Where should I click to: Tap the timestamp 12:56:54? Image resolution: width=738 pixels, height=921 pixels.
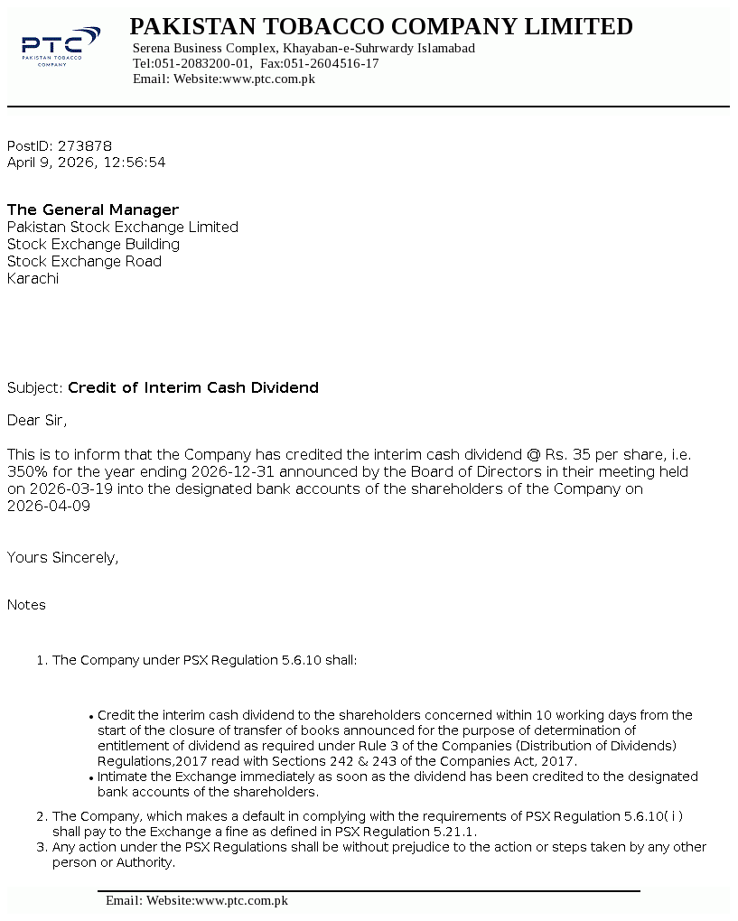click(135, 163)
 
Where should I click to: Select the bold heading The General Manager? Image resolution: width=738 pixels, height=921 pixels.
click(93, 209)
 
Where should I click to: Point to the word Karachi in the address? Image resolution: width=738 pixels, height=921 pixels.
click(33, 278)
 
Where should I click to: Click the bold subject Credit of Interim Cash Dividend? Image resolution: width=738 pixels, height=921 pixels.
click(193, 387)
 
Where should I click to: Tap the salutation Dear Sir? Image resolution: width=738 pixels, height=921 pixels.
click(36, 420)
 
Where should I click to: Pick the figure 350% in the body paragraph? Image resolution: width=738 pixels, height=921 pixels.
click(26, 471)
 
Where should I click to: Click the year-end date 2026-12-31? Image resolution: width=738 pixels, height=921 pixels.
click(216, 471)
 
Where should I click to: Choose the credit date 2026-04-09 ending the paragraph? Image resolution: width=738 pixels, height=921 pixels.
click(48, 506)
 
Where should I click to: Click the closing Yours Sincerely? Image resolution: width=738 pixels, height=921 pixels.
click(62, 557)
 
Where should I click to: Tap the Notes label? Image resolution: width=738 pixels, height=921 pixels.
click(26, 604)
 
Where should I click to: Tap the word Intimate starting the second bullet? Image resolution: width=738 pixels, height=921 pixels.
click(124, 777)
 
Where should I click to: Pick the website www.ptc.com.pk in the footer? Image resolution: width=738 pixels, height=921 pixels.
click(241, 900)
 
